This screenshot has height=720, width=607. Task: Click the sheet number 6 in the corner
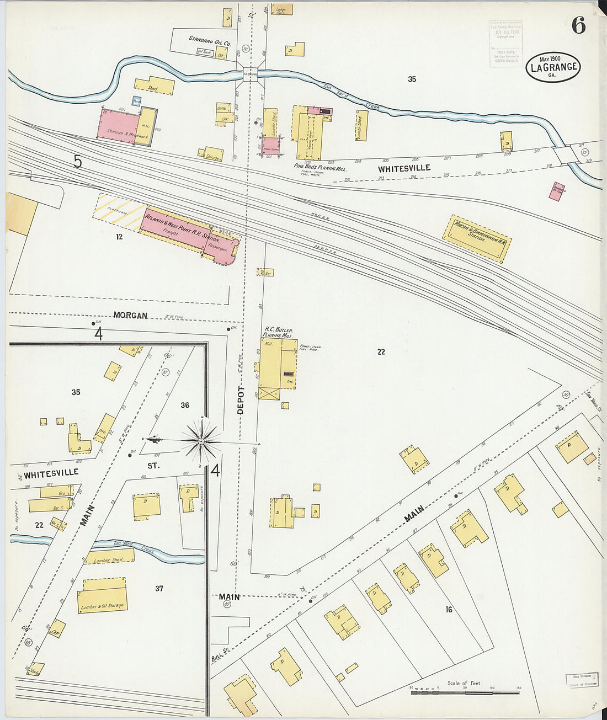click(x=578, y=25)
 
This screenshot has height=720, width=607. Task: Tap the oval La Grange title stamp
click(x=552, y=67)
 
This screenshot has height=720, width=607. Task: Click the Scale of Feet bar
click(x=465, y=690)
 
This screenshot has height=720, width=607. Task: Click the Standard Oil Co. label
click(x=210, y=39)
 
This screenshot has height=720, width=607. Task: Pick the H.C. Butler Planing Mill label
click(x=278, y=332)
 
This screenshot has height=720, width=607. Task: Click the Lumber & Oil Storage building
click(x=103, y=596)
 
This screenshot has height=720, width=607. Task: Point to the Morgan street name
click(x=130, y=316)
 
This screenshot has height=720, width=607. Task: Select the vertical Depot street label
click(x=241, y=400)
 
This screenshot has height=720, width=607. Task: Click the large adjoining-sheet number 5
click(x=78, y=162)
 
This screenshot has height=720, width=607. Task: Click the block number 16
click(x=449, y=610)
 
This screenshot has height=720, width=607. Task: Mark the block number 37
click(x=159, y=589)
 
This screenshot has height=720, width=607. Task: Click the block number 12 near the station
click(x=119, y=237)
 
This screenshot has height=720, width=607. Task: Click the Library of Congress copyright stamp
click(x=506, y=44)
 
